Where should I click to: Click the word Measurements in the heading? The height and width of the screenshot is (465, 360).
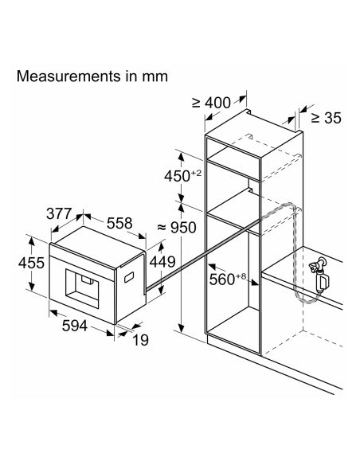click(68, 76)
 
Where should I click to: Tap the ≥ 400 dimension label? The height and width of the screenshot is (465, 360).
click(211, 103)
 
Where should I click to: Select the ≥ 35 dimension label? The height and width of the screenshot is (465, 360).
click(327, 118)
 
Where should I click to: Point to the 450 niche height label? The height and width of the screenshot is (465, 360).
click(178, 176)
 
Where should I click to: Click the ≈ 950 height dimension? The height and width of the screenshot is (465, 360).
click(177, 228)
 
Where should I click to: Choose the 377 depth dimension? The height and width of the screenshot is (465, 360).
click(59, 213)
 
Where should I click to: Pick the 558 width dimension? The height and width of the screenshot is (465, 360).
click(119, 223)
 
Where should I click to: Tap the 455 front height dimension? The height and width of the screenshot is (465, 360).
click(31, 263)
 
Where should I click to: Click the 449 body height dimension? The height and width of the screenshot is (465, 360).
click(162, 262)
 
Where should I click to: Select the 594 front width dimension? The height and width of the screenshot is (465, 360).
click(75, 326)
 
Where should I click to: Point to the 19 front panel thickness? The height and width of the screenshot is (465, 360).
click(140, 340)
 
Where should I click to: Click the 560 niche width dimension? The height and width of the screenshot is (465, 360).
click(222, 279)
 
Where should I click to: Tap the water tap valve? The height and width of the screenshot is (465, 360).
click(319, 275)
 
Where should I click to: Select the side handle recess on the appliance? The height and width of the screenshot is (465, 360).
click(129, 277)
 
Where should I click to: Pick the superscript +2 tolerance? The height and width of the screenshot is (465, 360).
click(196, 173)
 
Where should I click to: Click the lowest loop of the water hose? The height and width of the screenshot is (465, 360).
click(305, 300)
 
